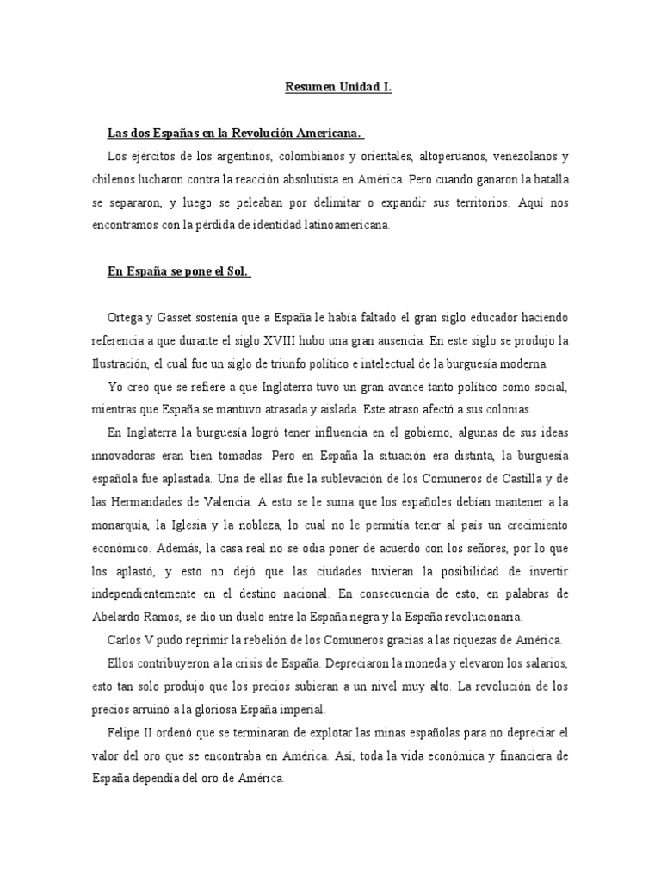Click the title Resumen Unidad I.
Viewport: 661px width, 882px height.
(338, 87)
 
